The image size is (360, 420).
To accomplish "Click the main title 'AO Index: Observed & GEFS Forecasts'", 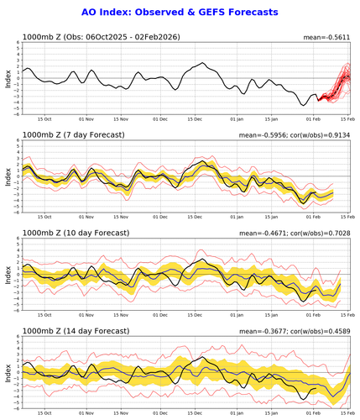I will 180,13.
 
